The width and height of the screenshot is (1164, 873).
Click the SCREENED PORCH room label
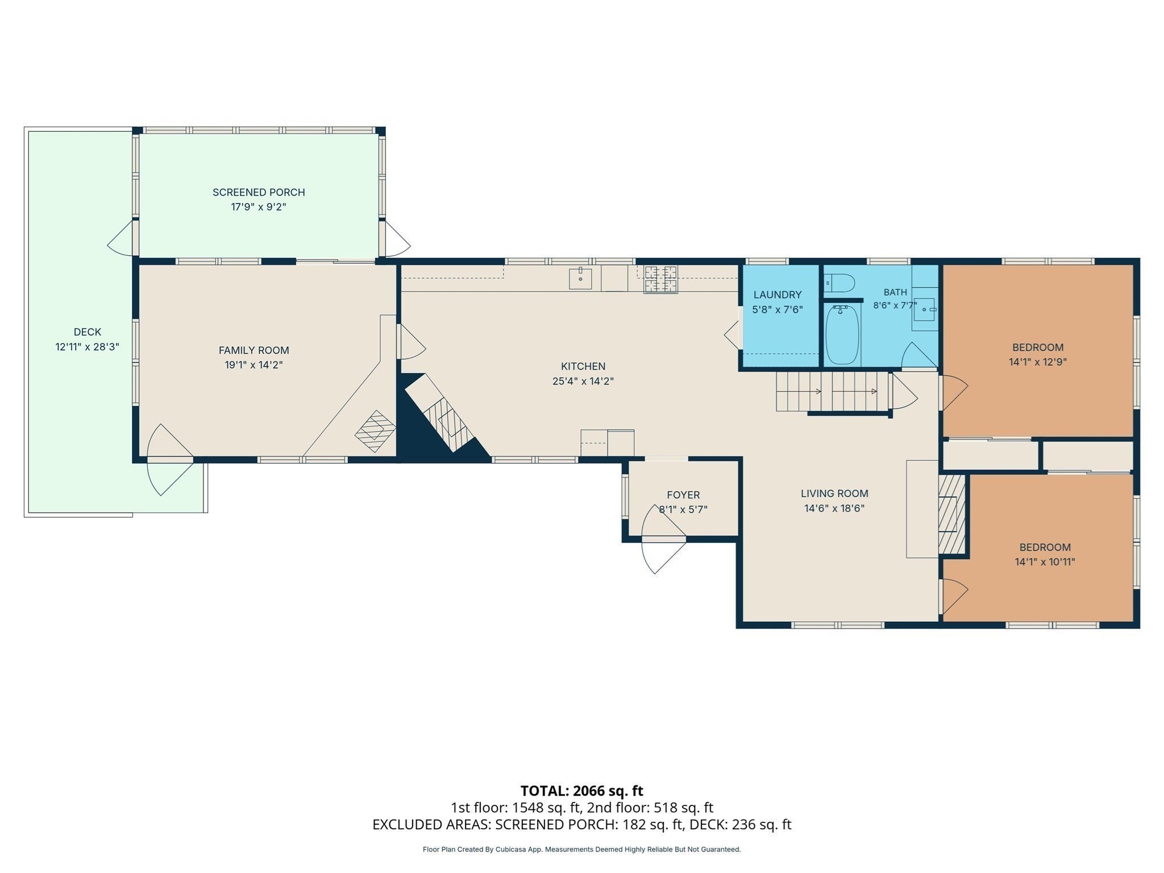tap(259, 192)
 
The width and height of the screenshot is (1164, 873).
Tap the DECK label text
tap(88, 332)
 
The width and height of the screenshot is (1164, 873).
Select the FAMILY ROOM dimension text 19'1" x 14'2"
tap(253, 365)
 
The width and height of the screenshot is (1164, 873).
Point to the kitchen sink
tap(580, 279)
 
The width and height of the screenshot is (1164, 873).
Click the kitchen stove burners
tap(660, 280)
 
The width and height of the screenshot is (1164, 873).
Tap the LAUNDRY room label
tap(778, 294)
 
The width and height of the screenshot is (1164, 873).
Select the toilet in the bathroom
tap(839, 282)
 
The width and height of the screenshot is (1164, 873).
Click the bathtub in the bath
tap(842, 335)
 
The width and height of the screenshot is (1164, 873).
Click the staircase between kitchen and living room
tap(833, 391)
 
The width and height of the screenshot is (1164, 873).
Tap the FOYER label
tap(683, 495)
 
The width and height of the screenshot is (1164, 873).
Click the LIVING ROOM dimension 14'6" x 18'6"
tap(834, 508)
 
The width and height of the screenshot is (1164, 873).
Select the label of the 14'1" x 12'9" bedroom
tap(1038, 347)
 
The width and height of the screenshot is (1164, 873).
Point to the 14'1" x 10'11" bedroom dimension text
tap(1045, 562)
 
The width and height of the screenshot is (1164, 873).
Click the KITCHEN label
tap(583, 366)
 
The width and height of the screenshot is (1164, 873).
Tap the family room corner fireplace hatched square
tap(375, 431)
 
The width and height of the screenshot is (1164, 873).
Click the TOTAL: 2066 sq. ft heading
tap(582, 791)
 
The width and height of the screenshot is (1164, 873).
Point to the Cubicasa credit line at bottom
tap(582, 850)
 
